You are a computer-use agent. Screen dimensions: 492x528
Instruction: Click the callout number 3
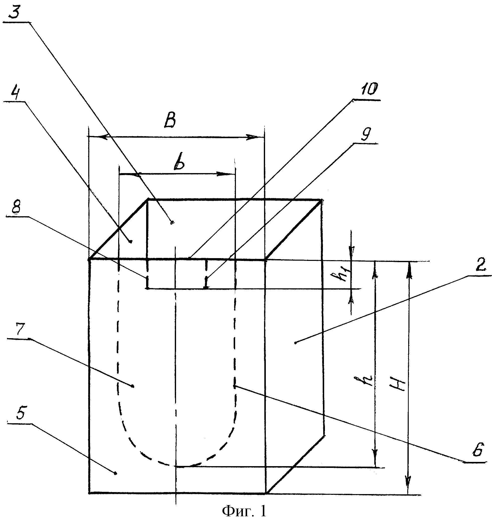tap(15, 12)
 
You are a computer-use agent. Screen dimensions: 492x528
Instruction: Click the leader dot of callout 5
tap(115, 473)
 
